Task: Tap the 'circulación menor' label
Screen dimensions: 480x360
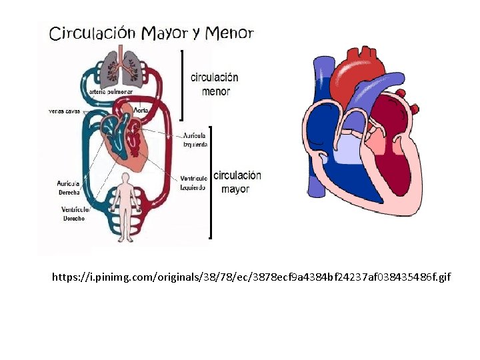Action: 215,84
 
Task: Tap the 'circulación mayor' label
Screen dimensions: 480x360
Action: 237,182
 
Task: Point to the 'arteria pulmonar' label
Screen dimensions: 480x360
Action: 113,91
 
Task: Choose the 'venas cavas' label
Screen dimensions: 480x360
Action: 64,111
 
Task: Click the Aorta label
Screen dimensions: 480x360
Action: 141,110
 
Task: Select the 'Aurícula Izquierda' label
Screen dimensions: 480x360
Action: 195,140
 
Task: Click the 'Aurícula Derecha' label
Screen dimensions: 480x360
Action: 69,187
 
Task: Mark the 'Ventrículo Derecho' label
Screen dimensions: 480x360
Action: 73,214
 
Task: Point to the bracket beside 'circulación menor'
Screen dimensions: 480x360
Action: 182,84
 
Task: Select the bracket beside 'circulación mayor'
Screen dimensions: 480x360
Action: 211,182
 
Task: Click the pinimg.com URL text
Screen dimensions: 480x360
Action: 251,276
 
